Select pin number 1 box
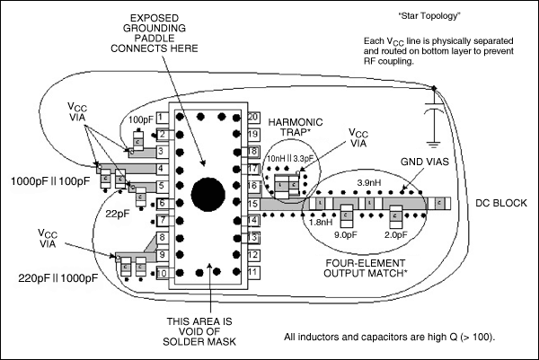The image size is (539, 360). (x=162, y=118)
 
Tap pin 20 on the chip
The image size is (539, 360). (x=253, y=118)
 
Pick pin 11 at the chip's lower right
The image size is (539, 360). (x=253, y=271)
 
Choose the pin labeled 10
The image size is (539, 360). (x=161, y=272)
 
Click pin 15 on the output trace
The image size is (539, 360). (x=253, y=203)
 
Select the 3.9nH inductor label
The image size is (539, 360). (x=371, y=183)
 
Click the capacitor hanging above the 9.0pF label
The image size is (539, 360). (x=346, y=213)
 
